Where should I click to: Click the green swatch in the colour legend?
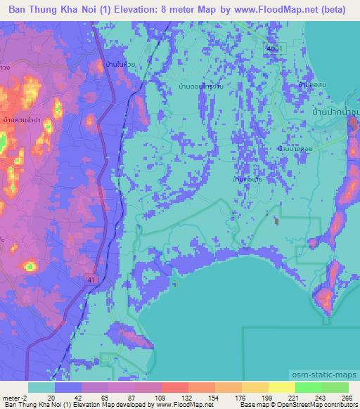(308, 387)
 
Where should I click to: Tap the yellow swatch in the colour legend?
(281, 387)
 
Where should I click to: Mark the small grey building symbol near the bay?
(276, 222)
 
